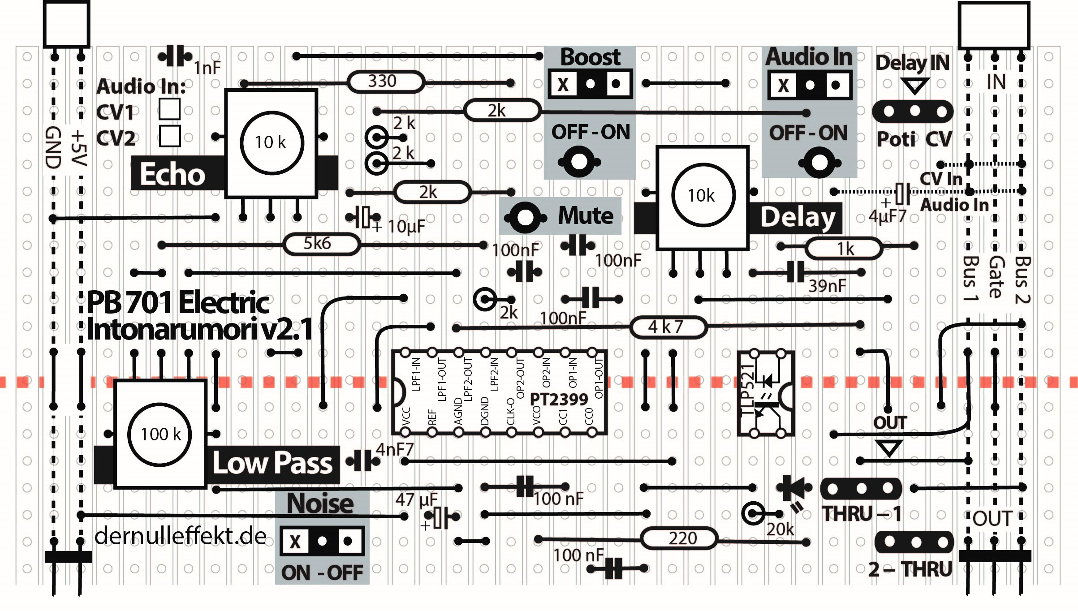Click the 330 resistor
tap(385, 82)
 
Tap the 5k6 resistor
tap(321, 244)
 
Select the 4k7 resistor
tap(668, 327)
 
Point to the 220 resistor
tap(679, 538)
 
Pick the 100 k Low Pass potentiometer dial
tap(160, 434)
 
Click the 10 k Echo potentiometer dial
tap(272, 142)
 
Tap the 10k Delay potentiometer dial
tap(703, 195)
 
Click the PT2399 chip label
tap(558, 399)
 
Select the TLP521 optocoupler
tap(766, 393)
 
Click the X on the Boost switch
tap(563, 84)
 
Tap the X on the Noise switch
tap(295, 541)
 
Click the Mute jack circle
tap(525, 218)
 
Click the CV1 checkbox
tap(169, 109)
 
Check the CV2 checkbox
tap(169, 136)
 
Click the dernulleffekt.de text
tap(180, 536)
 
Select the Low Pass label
tap(272, 463)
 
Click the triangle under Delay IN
tap(914, 85)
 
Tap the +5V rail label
tap(78, 148)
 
